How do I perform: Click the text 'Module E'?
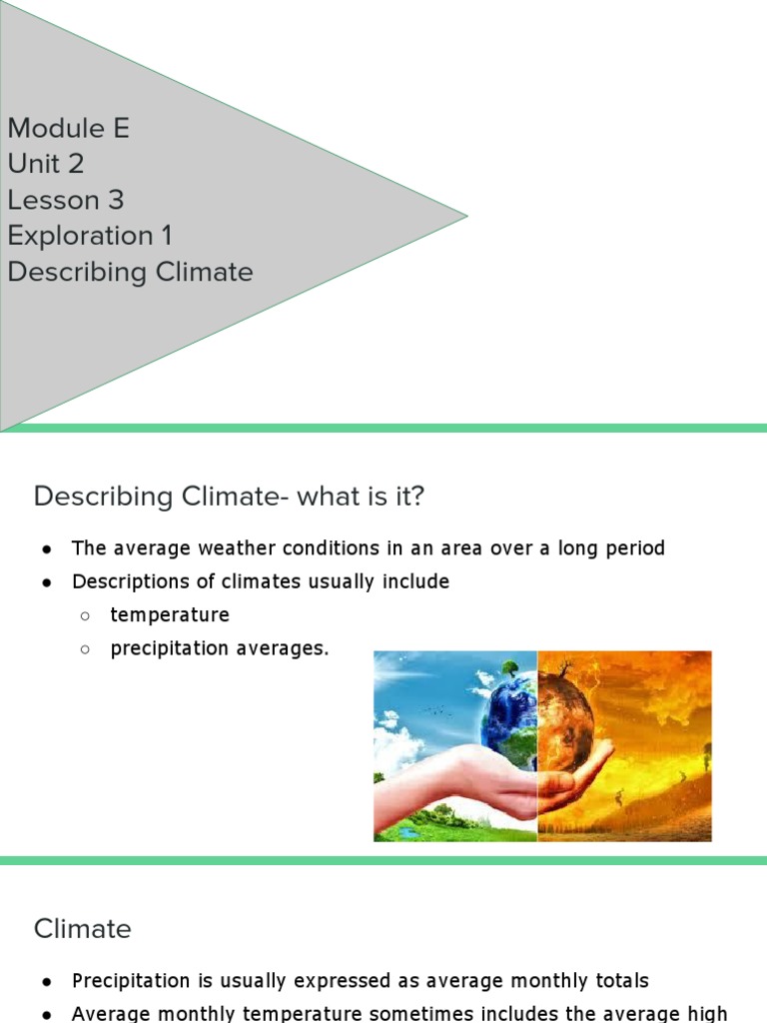click(x=68, y=128)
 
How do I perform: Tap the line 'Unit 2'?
click(x=45, y=164)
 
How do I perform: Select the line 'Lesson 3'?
click(x=65, y=200)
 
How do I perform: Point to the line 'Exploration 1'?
click(x=90, y=236)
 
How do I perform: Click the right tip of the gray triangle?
click(x=464, y=215)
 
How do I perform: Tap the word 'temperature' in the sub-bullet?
click(x=170, y=614)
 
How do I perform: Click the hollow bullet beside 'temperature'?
click(x=86, y=615)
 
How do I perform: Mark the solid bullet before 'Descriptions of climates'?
click(x=48, y=582)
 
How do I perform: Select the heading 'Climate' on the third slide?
click(x=83, y=929)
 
